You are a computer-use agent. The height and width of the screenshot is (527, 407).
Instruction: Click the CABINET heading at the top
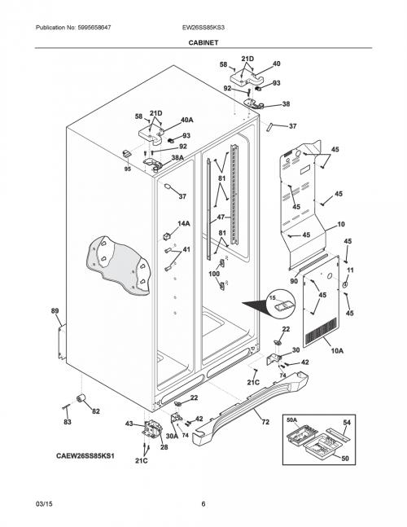pos(203,42)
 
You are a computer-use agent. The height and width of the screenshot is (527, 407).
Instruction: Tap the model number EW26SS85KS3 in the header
pos(203,28)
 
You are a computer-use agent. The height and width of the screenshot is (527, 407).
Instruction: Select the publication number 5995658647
pos(94,28)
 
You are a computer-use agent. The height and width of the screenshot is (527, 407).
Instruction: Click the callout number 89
pos(55,311)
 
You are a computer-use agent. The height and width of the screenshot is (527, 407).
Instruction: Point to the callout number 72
pos(265,422)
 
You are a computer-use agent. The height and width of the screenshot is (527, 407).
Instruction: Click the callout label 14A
pos(184,223)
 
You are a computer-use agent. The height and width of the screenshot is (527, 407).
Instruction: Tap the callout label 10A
pos(337,351)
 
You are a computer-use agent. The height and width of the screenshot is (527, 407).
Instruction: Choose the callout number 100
pos(214,274)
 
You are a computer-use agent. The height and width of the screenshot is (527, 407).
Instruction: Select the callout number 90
pos(294,281)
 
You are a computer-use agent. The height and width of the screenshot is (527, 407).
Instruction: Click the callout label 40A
pos(187,120)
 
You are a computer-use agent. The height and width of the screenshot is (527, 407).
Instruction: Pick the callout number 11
pos(350,270)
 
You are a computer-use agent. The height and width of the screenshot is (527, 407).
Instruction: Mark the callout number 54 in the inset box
pos(347,423)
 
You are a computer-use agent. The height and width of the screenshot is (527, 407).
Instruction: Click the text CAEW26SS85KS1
pos(85,456)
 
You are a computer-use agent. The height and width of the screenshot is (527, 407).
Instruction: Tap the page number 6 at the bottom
pos(203,503)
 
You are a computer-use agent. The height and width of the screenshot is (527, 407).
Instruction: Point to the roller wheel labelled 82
pos(81,398)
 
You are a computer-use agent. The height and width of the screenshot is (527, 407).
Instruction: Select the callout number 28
pos(164,447)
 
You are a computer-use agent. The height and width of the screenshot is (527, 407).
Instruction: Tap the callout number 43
pos(129,424)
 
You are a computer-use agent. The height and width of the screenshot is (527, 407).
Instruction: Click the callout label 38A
pos(177,158)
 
